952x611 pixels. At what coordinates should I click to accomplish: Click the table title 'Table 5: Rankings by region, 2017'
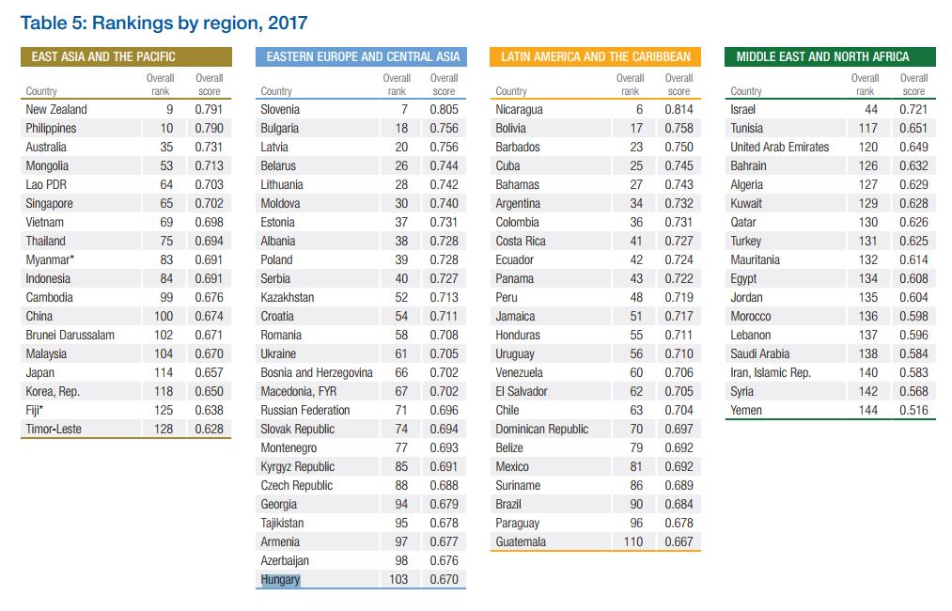point(164,22)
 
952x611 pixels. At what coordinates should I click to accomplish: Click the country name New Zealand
point(56,110)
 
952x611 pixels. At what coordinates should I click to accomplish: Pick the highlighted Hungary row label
point(280,580)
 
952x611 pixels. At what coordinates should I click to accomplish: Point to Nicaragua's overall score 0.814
point(679,110)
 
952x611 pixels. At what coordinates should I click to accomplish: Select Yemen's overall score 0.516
point(913,411)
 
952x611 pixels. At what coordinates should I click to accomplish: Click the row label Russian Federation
point(304,411)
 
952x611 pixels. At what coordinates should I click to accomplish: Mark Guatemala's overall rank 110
point(633,542)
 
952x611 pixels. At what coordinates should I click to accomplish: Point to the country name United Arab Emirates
point(779,148)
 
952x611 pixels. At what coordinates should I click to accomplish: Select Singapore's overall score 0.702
point(209,204)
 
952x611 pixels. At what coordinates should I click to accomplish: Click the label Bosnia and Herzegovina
point(316,373)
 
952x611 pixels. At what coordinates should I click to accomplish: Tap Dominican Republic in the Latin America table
point(541,430)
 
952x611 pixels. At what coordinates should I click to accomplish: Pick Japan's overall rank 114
point(164,373)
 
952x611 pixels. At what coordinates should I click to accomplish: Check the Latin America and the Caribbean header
point(595,56)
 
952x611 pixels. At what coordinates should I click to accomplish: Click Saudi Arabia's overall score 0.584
point(913,354)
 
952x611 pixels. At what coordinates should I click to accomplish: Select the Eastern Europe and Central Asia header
point(363,56)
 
